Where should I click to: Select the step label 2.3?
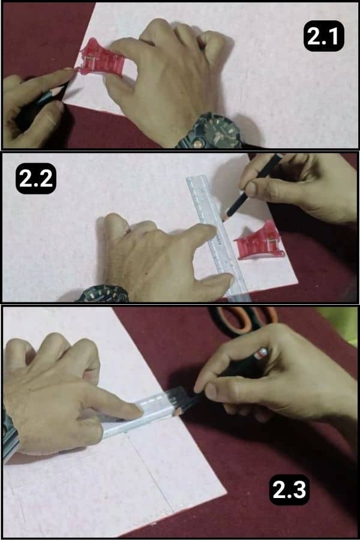[x=289, y=491]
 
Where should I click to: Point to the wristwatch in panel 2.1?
[x=210, y=131]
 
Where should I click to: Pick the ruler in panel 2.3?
[x=144, y=414]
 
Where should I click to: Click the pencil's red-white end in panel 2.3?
[x=260, y=353]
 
